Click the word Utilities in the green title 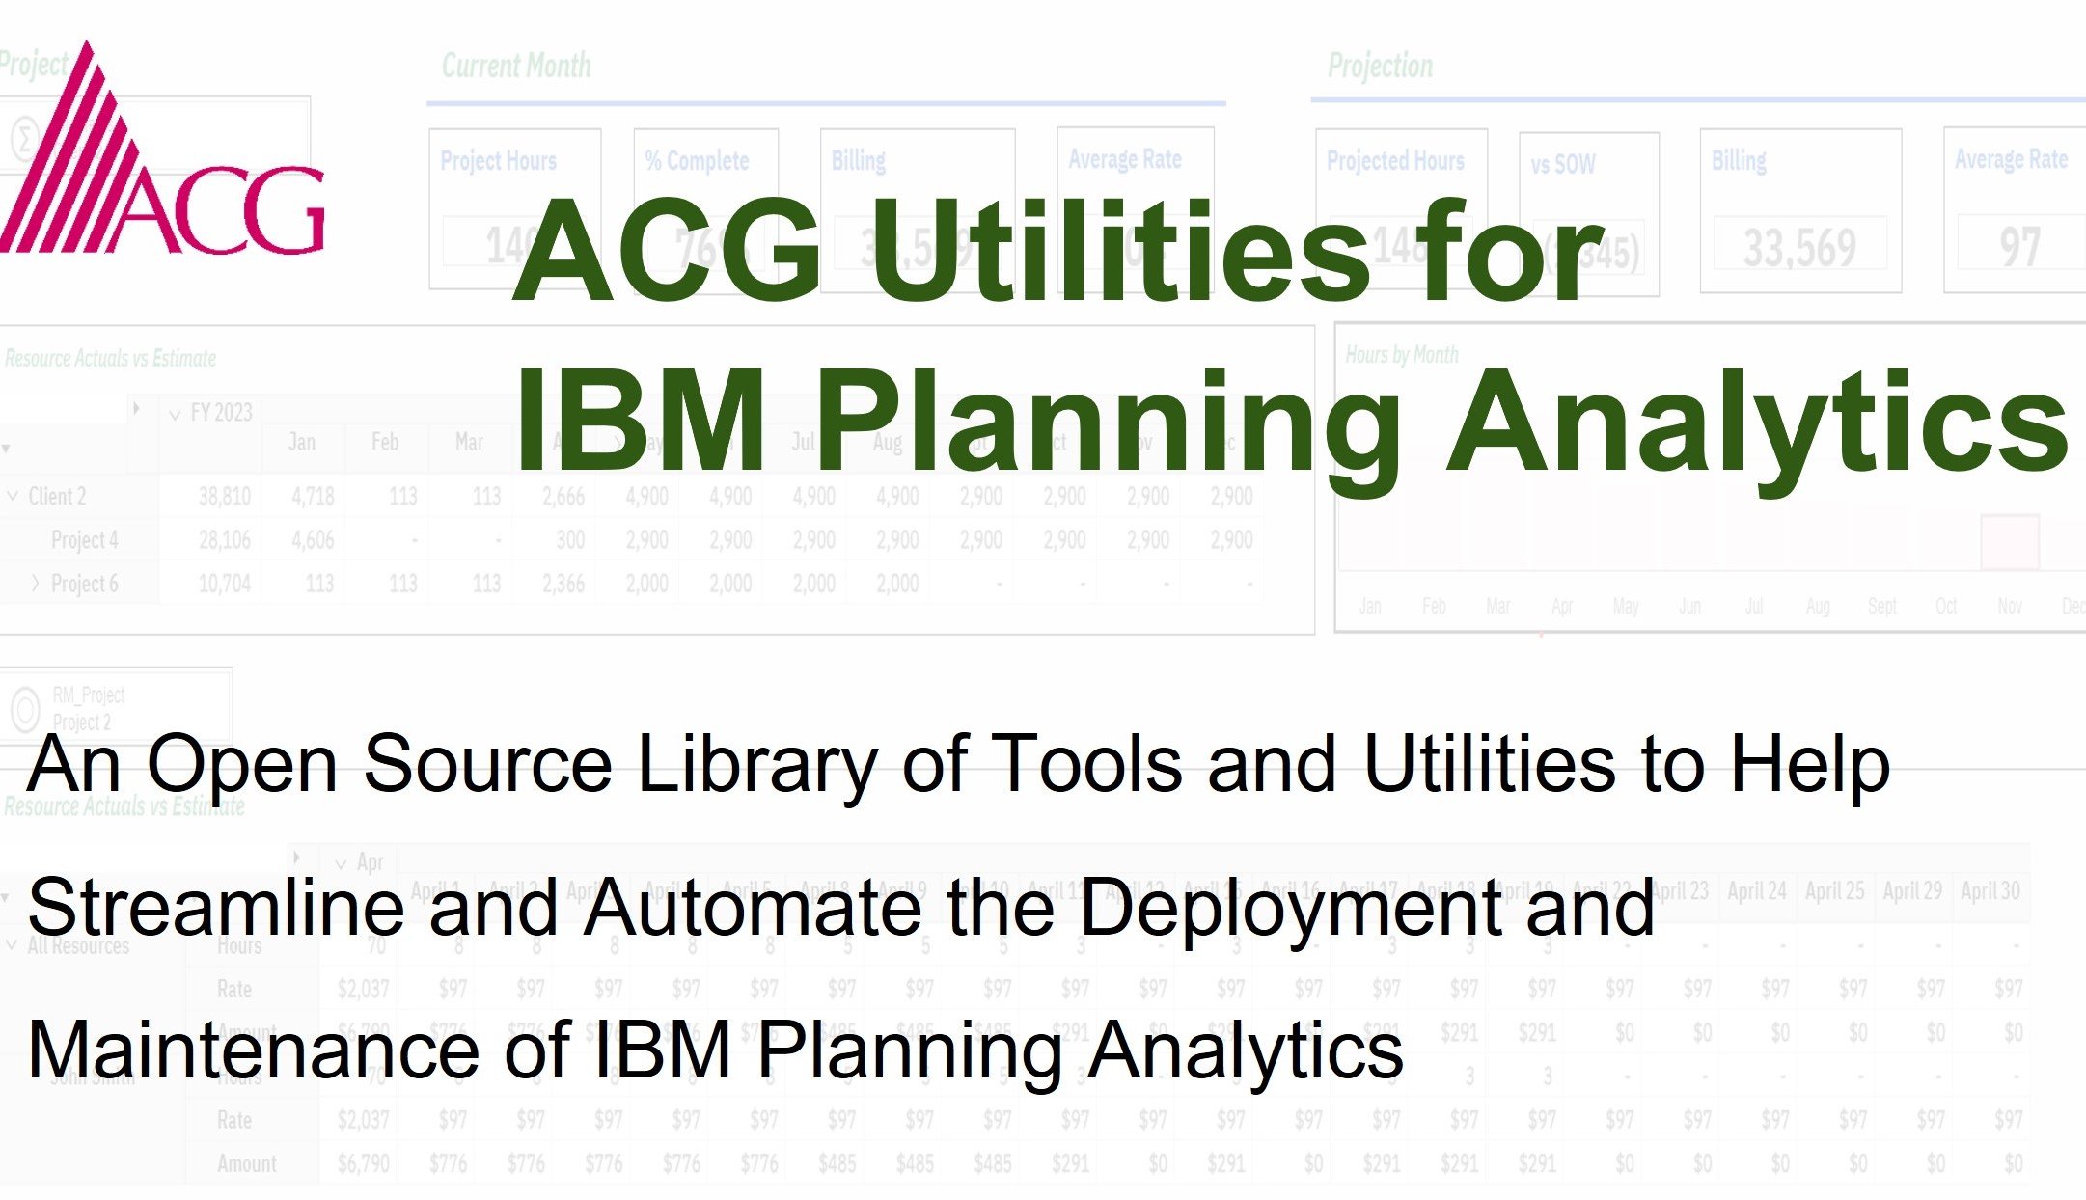[1118, 251]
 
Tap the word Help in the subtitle [1809, 764]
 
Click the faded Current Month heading [516, 66]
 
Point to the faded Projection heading [1380, 66]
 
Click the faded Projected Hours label [1395, 160]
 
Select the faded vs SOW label [1563, 164]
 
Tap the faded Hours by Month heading [1402, 355]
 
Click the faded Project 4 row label [85, 540]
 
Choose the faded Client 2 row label [57, 497]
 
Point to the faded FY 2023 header [221, 413]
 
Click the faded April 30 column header [1990, 891]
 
